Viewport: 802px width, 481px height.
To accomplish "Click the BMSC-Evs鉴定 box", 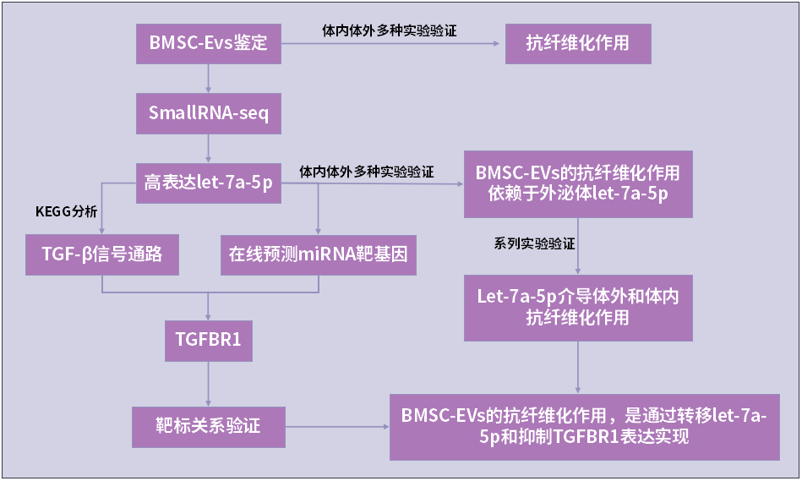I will tap(208, 42).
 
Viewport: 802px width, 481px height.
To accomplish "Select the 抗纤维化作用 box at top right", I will tap(578, 42).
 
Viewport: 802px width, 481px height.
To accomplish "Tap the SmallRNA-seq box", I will tap(208, 112).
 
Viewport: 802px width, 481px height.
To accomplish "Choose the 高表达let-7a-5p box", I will tap(208, 183).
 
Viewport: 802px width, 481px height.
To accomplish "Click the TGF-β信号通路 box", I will tap(103, 253).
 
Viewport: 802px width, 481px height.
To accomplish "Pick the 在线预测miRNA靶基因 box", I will tap(319, 253).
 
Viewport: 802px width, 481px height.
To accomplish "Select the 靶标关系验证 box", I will tap(208, 426).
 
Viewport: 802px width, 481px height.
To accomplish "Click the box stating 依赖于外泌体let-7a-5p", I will tap(578, 183).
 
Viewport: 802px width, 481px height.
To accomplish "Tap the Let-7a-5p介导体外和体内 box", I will tap(578, 307).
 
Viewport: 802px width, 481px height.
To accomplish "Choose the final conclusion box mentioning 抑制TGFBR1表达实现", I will tap(584, 426).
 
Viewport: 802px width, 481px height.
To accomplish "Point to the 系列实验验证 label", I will tap(534, 243).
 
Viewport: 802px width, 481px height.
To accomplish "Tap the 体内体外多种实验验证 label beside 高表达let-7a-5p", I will tap(367, 172).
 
